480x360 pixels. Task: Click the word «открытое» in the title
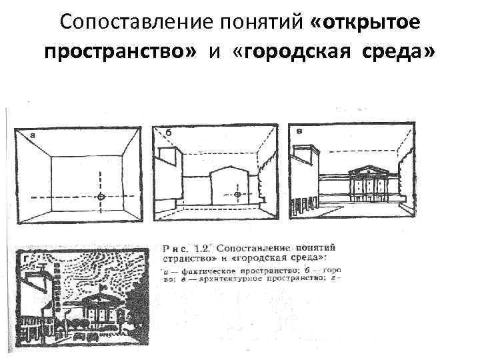[365, 23]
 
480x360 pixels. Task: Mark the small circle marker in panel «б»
[238, 194]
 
